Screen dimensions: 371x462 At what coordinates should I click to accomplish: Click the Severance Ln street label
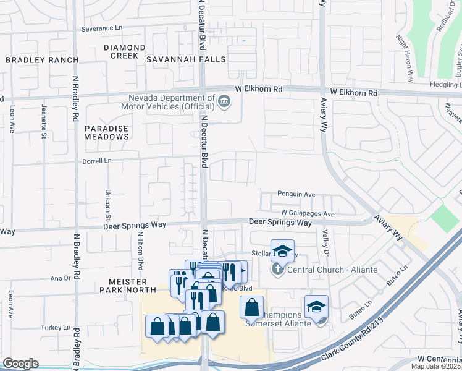coord(102,29)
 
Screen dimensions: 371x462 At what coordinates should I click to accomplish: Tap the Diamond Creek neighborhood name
coord(125,51)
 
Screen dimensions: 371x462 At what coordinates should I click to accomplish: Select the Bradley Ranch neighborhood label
coord(42,60)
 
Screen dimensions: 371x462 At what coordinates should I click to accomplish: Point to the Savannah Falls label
coord(186,60)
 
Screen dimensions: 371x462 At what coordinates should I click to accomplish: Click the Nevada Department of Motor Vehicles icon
coord(224,101)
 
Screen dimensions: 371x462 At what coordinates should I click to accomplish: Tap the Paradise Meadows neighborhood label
coord(106,132)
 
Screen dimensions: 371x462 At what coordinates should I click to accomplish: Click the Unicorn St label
coord(107,205)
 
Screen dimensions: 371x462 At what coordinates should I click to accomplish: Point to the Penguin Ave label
coord(296,194)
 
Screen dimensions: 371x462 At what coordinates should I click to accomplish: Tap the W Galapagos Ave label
coord(307,214)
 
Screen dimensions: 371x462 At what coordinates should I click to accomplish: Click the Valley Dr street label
coord(324,241)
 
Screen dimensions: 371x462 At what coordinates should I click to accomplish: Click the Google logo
coord(20,363)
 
